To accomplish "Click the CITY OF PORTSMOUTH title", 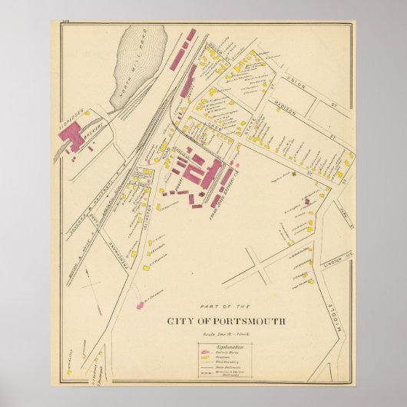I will pyautogui.click(x=225, y=321).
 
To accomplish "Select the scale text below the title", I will pyautogui.click(x=224, y=334).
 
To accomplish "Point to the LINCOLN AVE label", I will pyautogui.click(x=339, y=262).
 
